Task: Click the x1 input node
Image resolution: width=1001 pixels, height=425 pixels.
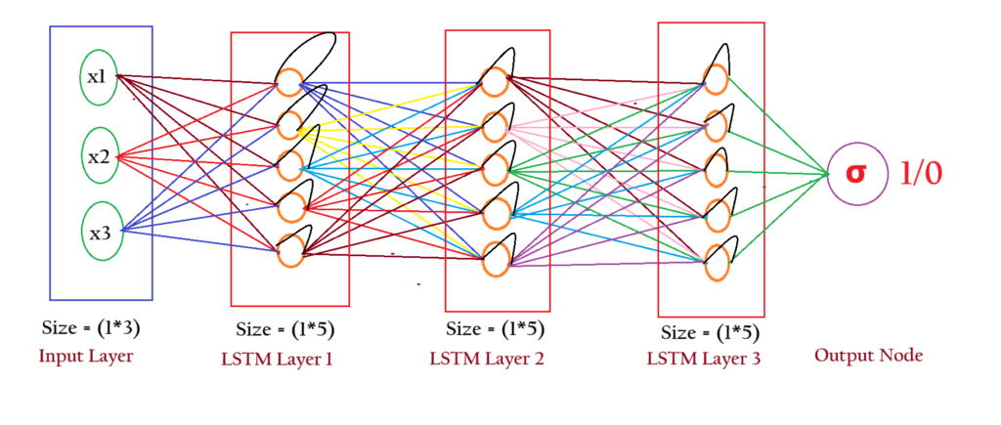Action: (x=99, y=76)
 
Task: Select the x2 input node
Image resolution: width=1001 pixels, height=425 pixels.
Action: (x=100, y=155)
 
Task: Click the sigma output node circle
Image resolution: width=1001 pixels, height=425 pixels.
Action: (x=855, y=175)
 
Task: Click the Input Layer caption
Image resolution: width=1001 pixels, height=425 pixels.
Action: (x=86, y=357)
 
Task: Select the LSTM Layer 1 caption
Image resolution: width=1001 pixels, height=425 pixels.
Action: (x=277, y=359)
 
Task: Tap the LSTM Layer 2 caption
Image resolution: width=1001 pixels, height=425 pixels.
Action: (x=487, y=359)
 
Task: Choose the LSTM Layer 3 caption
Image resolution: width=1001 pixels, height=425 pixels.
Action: (x=704, y=359)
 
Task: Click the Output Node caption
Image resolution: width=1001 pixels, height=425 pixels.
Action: (x=869, y=356)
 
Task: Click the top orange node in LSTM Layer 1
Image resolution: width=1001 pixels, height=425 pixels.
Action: (x=289, y=82)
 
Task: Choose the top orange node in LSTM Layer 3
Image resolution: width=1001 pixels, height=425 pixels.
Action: (x=715, y=77)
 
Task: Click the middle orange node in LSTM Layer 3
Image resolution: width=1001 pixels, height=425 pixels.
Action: (x=715, y=168)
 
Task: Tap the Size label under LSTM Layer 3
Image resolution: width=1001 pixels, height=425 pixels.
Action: (x=710, y=332)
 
